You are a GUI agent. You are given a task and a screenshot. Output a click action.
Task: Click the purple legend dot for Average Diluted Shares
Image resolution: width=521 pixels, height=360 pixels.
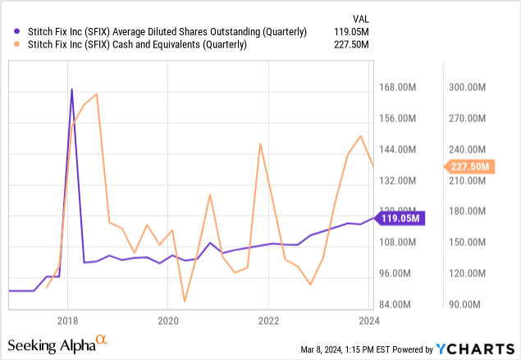pyautogui.click(x=16, y=31)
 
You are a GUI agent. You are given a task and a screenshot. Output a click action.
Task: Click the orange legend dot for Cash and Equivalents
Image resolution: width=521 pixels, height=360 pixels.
pyautogui.click(x=16, y=44)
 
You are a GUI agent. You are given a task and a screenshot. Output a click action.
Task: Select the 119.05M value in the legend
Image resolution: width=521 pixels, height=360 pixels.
pyautogui.click(x=351, y=32)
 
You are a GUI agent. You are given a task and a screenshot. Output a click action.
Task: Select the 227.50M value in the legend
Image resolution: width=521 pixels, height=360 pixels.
pyautogui.click(x=351, y=44)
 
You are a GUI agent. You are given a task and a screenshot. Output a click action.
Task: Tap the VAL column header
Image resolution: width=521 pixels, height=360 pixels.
pyautogui.click(x=361, y=19)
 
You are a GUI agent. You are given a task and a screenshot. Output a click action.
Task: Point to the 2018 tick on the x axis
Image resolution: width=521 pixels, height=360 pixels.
pyautogui.click(x=67, y=321)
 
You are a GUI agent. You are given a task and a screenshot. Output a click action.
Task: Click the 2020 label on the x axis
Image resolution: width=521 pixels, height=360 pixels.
pyautogui.click(x=168, y=321)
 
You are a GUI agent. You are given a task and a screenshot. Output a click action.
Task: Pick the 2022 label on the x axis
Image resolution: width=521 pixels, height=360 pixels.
pyautogui.click(x=269, y=321)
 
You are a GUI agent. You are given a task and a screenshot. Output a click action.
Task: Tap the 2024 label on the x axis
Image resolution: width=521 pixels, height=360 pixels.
pyautogui.click(x=369, y=321)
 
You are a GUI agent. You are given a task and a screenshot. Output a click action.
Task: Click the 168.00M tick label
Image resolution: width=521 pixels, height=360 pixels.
pyautogui.click(x=397, y=88)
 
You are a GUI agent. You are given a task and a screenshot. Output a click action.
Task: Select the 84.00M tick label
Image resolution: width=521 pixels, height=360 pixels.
pyautogui.click(x=395, y=304)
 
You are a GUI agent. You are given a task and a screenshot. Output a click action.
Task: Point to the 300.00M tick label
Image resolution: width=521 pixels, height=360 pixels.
pyautogui.click(x=467, y=88)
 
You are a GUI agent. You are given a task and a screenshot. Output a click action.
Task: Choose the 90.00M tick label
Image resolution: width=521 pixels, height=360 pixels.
pyautogui.click(x=464, y=304)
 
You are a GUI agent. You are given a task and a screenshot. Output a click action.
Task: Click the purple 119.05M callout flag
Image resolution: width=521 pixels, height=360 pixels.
pyautogui.click(x=400, y=218)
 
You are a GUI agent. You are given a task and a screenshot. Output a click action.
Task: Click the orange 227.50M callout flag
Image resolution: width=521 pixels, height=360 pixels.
pyautogui.click(x=469, y=166)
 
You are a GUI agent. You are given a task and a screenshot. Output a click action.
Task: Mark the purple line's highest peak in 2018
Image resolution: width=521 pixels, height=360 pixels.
pyautogui.click(x=71, y=89)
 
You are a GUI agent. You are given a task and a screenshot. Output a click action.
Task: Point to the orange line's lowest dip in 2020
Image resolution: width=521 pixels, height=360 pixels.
pyautogui.click(x=185, y=302)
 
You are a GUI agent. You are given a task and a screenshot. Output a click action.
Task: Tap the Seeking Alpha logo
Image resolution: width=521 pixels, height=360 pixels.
pyautogui.click(x=57, y=344)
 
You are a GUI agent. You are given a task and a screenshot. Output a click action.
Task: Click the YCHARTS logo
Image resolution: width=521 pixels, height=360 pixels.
pyautogui.click(x=475, y=349)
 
